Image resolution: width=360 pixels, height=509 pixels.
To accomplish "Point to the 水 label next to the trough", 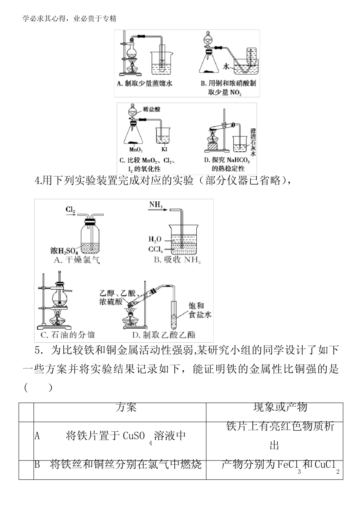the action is pos(226,67).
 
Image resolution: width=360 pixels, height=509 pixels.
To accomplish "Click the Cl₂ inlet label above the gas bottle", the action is pos(70,209).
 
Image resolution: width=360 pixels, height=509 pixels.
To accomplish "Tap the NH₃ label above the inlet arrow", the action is pos(156,205).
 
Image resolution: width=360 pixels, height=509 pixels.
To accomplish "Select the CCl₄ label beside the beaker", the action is pos(155,249).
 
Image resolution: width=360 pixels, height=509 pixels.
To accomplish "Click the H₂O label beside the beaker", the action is pos(155,239).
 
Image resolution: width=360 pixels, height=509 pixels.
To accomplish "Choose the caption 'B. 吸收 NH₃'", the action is pos(177,260).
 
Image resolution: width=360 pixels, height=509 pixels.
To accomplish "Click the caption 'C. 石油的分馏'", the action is pos(67,334).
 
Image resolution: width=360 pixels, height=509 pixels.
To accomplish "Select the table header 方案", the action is pos(126,407).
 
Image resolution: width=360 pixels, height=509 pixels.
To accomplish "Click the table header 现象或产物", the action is pos(280,407).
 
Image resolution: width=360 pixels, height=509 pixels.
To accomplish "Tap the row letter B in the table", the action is pos(37,464).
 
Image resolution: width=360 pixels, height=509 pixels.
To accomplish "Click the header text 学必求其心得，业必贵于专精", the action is pos(69,18).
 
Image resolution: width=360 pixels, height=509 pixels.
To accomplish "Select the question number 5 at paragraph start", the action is pos(38,351).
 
